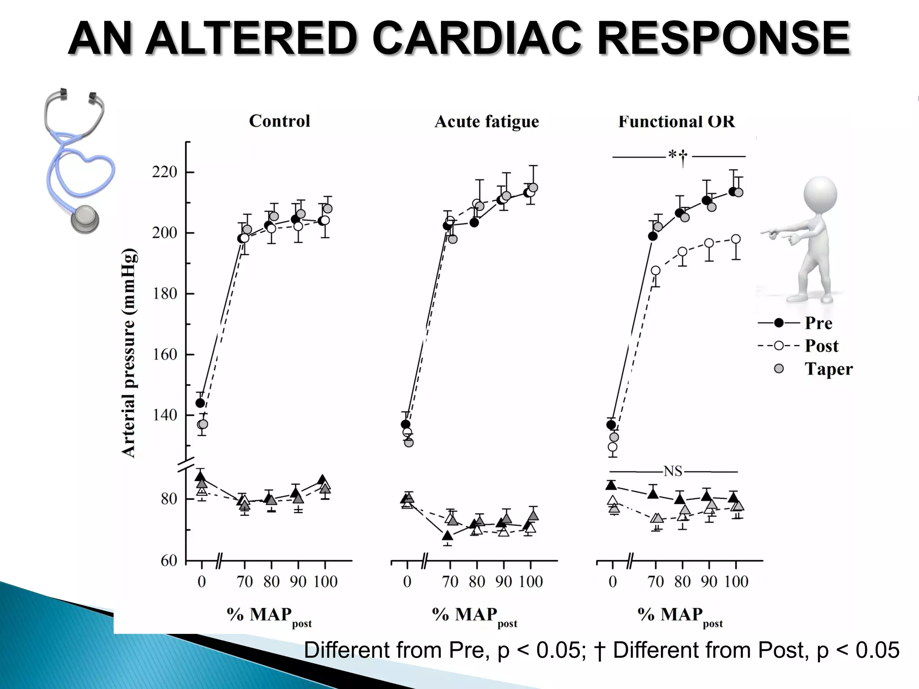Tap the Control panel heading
(280, 121)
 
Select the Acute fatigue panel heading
(487, 122)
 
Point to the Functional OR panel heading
(677, 122)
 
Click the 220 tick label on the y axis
(165, 172)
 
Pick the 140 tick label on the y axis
(165, 415)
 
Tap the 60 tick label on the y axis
(169, 561)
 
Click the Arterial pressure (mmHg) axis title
(129, 353)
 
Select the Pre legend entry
(818, 323)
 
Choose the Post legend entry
(821, 346)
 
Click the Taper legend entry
(828, 369)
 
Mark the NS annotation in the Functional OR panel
(673, 471)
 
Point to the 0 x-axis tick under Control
(202, 582)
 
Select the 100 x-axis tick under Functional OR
(736, 582)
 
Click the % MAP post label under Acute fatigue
(475, 616)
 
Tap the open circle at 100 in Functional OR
(736, 239)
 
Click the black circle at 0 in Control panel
(200, 403)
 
